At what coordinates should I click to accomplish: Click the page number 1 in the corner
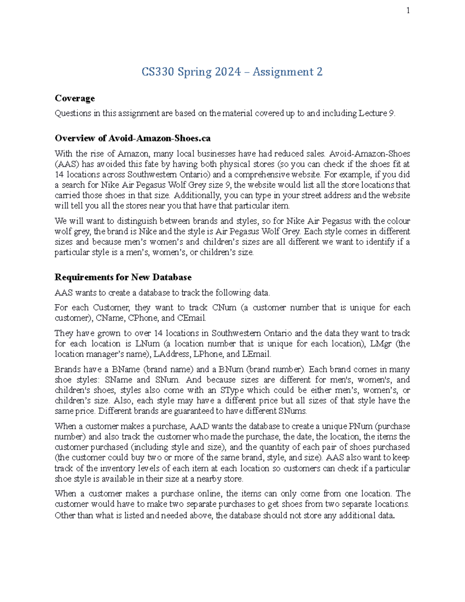point(408,10)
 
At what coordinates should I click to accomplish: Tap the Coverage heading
point(75,98)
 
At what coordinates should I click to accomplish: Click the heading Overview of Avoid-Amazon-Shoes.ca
point(133,138)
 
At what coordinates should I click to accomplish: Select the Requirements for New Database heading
point(123,277)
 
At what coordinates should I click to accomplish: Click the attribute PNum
point(361,426)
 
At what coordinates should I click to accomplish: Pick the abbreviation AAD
point(199,426)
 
